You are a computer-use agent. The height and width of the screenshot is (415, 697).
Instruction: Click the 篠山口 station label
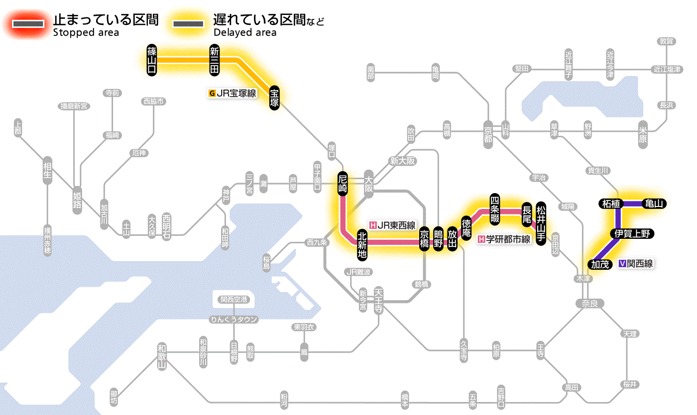[152, 60]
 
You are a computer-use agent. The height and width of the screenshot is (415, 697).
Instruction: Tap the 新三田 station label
[215, 60]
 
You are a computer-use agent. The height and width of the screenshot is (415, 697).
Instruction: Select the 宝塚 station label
[274, 98]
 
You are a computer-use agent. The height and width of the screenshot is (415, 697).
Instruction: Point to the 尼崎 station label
[343, 184]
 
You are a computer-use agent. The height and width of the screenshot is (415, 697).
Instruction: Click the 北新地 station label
[362, 244]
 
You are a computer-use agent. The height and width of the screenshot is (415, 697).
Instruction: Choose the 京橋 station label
[424, 239]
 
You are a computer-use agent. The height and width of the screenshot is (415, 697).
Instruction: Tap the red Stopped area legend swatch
[30, 24]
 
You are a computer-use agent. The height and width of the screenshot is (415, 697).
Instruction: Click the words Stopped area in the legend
[86, 33]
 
